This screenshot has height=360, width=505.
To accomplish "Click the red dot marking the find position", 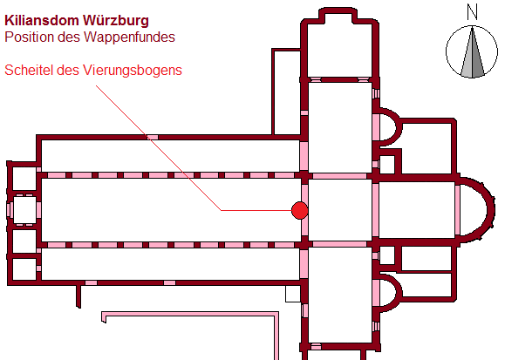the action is (x=299, y=211).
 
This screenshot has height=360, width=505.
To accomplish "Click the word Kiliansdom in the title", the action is (x=42, y=21).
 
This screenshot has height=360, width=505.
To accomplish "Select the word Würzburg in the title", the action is (x=116, y=21).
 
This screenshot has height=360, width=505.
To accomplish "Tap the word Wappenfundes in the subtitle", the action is (x=129, y=37).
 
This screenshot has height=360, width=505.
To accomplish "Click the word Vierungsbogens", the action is (x=133, y=71).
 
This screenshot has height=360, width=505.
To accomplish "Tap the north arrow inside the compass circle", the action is (x=472, y=52).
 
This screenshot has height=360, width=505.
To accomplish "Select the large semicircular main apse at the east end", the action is (x=478, y=210).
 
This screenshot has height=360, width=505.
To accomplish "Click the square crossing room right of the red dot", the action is (x=340, y=210).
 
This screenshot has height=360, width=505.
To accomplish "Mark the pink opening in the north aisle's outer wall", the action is (x=153, y=138).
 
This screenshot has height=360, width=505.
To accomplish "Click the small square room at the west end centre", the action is (x=24, y=210).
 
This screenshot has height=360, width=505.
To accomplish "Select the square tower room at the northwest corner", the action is (x=24, y=178).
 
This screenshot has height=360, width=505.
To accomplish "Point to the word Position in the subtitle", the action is (x=30, y=37).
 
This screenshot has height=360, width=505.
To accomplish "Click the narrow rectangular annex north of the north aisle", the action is (x=287, y=92).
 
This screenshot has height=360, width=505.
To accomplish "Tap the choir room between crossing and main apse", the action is (x=417, y=210).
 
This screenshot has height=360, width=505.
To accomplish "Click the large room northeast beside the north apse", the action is (x=427, y=148).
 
